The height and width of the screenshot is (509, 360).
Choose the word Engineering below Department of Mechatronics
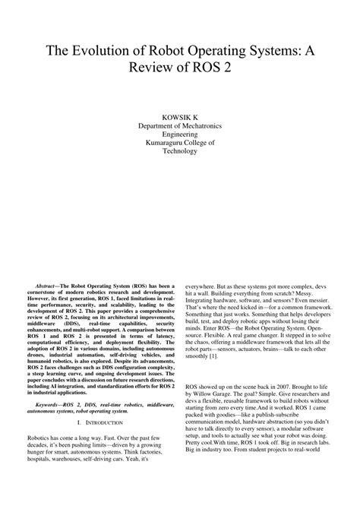click(180, 131)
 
